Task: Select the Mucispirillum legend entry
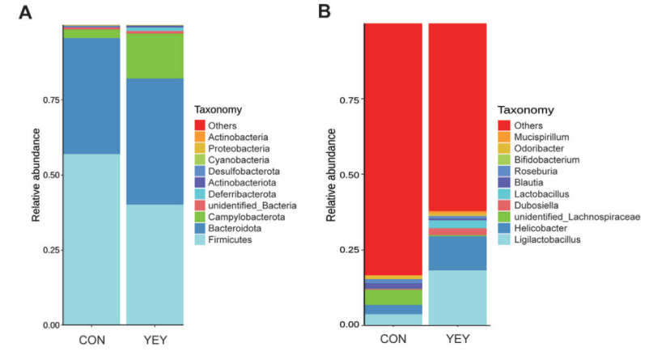532,138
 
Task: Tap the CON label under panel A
91,341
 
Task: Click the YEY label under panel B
457,341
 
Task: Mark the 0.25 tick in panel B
348,249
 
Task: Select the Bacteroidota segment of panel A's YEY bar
155,141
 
